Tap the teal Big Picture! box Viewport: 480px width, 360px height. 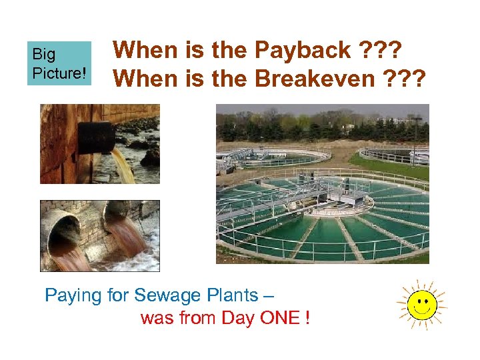click(59, 63)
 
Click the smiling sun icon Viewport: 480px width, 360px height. click(421, 306)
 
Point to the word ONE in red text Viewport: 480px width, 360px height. click(279, 318)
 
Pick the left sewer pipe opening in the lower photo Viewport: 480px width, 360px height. click(67, 233)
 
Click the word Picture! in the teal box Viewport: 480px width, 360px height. click(59, 72)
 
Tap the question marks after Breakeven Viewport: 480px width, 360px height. click(407, 79)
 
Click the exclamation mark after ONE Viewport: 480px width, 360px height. click(306, 318)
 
